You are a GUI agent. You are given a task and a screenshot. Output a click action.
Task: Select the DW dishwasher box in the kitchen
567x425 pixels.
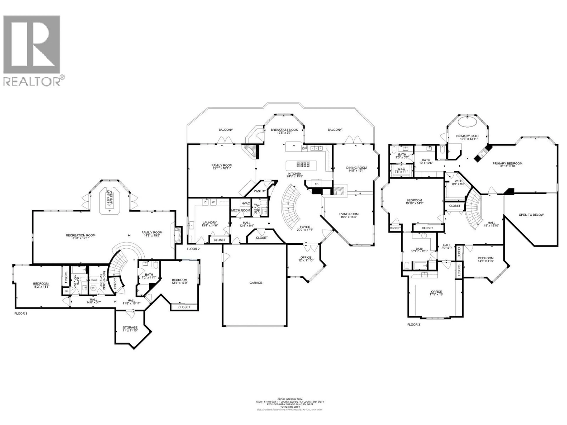304,148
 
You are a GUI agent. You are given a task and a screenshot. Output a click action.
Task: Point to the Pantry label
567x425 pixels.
260,191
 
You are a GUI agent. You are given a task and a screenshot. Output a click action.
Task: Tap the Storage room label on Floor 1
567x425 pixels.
130,327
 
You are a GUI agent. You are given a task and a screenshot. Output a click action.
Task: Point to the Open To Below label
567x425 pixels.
531,215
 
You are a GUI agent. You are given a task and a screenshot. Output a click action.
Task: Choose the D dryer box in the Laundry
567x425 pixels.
205,202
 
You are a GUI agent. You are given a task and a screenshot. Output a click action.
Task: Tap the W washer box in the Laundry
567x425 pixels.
213,202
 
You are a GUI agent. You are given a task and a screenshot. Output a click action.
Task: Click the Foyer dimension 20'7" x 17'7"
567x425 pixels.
305,230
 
